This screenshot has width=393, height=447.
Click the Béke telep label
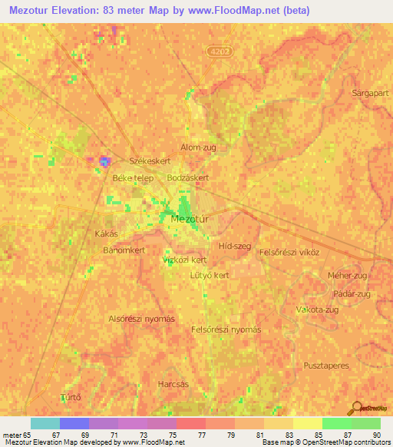coord(134,178)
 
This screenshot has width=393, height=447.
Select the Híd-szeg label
coord(235,246)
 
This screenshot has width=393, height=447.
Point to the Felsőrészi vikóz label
coord(289,252)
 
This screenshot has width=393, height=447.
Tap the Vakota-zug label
coord(317,310)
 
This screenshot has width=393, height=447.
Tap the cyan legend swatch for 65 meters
coord(45,423)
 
